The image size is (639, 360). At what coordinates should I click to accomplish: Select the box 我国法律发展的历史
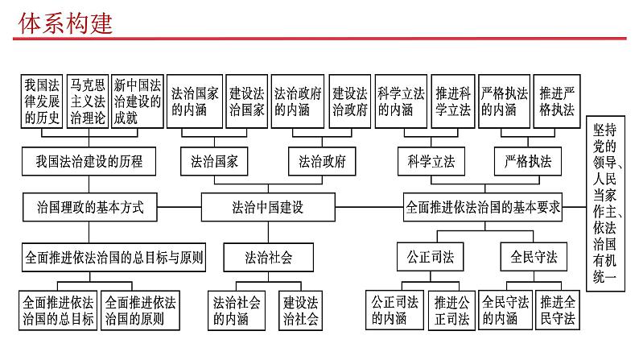(42, 101)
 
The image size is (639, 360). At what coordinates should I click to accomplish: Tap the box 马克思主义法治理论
(88, 101)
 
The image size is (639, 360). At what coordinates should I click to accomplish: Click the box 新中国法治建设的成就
(136, 101)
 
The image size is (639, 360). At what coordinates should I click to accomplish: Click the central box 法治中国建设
(262, 207)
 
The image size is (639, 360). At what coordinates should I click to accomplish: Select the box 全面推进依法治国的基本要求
(483, 207)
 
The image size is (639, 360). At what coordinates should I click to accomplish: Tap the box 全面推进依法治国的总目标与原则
(113, 259)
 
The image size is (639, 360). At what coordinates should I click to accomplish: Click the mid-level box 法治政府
(322, 161)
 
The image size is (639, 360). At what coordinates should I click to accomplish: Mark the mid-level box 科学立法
(426, 161)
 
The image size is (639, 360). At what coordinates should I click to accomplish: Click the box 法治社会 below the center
(268, 259)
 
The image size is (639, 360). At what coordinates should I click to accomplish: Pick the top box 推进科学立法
(451, 101)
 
